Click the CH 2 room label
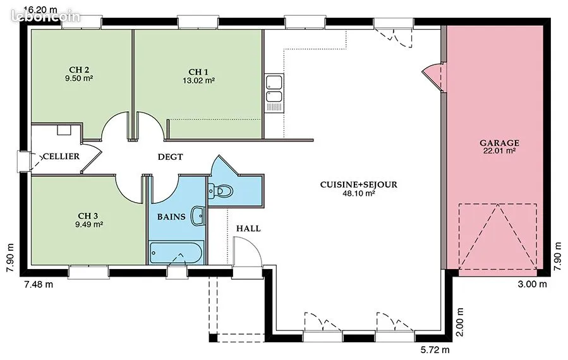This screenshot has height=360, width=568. (x=79, y=70)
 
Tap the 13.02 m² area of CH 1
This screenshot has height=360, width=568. (x=198, y=80)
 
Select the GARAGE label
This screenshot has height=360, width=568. (x=499, y=143)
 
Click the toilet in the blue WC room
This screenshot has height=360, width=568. (x=220, y=191)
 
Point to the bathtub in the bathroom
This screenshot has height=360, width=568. (x=176, y=252)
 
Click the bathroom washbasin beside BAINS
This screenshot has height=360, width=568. (x=198, y=216)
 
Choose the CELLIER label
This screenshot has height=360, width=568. (x=61, y=157)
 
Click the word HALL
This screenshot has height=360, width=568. (x=248, y=229)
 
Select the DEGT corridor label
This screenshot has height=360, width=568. (x=170, y=157)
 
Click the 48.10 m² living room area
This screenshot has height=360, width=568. (x=359, y=193)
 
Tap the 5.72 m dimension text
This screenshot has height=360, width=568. (x=435, y=350)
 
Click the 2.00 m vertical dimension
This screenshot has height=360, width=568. (x=459, y=322)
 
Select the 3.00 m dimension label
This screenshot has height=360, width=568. (x=532, y=284)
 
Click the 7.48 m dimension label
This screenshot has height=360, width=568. (x=39, y=284)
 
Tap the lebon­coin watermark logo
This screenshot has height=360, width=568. (x=45, y=16)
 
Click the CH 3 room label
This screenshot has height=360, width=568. (x=88, y=216)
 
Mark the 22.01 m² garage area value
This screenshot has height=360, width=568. (x=499, y=151)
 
